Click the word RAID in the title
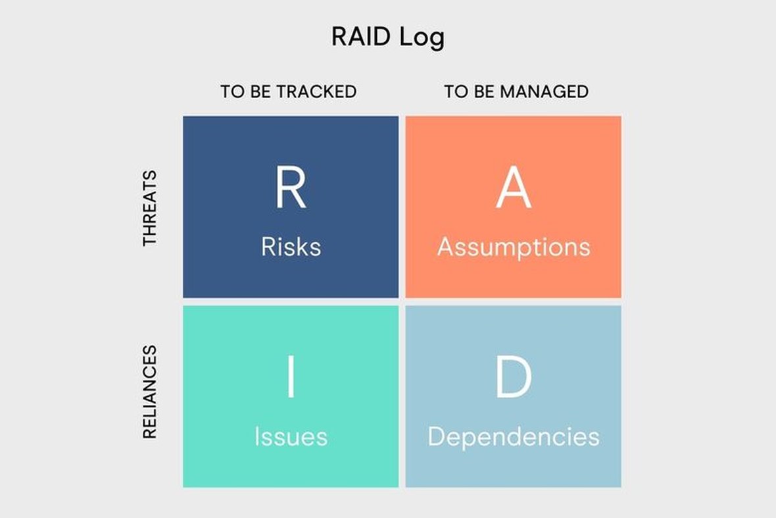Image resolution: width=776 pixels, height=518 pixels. click(x=361, y=37)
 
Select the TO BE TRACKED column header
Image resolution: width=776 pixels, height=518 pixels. click(x=289, y=91)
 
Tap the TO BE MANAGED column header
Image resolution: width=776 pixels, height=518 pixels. click(x=516, y=91)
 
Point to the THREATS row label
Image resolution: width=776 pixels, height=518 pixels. click(x=149, y=208)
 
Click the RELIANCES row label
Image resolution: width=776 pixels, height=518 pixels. click(x=149, y=392)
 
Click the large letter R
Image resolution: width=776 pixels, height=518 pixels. click(x=291, y=188)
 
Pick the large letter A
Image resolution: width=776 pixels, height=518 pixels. click(x=514, y=188)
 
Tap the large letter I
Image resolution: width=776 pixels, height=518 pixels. click(x=291, y=377)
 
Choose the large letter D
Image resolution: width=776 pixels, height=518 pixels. click(x=514, y=377)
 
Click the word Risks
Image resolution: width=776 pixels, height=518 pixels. click(x=291, y=247)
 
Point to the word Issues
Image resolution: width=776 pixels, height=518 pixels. click(x=291, y=437)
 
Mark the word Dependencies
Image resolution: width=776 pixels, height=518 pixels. click(x=514, y=438)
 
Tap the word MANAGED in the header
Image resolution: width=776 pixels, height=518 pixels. click(x=545, y=91)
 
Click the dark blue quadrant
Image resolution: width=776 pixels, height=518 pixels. click(x=291, y=207)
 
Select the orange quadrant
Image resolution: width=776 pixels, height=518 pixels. click(x=514, y=207)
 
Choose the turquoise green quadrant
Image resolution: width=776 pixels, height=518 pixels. click(x=291, y=397)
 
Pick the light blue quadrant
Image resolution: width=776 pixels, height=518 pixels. click(x=514, y=397)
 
